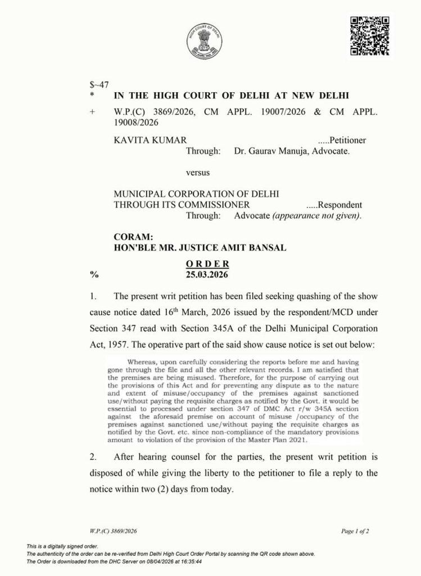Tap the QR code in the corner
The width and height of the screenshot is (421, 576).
369,36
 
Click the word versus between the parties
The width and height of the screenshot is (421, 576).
197,172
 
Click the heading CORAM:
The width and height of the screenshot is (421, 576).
133,237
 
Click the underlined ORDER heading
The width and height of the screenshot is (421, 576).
207,264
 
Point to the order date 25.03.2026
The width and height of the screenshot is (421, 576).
207,274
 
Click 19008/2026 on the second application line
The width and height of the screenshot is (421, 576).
135,123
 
